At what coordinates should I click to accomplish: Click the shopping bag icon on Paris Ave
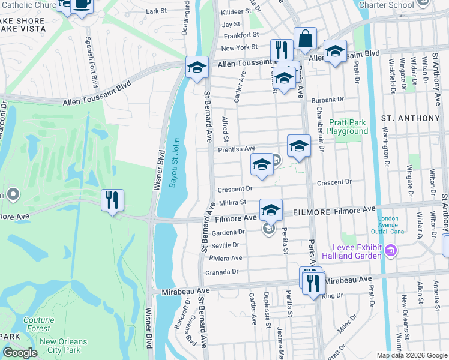[305, 39]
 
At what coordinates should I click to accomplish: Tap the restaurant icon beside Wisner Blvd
[112, 200]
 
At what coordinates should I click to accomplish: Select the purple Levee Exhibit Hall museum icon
[391, 250]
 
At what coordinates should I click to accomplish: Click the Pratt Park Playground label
[348, 127]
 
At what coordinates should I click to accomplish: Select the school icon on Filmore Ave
[271, 211]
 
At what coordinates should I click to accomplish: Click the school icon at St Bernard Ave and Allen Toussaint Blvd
[196, 68]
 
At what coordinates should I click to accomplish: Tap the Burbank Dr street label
[331, 99]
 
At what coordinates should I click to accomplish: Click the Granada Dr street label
[223, 271]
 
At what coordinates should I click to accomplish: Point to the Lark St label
[156, 11]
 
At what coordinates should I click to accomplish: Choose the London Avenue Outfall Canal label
[392, 225]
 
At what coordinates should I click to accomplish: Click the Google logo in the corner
[20, 353]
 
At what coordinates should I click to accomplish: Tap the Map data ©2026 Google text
[411, 355]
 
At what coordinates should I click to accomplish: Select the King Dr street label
[331, 295]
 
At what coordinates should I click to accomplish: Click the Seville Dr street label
[224, 245]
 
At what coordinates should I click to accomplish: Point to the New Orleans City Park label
[63, 346]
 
